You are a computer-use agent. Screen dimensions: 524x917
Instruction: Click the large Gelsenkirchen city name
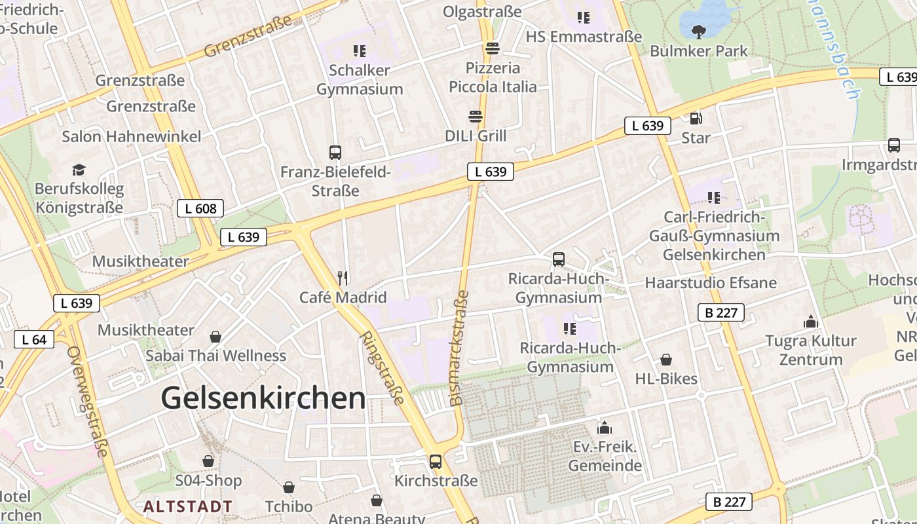(263, 398)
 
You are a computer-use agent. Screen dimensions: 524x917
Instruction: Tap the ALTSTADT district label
(188, 506)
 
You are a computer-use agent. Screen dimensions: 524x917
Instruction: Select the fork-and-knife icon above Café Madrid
(342, 278)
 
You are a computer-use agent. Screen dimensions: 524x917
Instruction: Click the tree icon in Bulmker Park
(699, 31)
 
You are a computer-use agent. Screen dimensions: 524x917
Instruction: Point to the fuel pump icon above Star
(696, 119)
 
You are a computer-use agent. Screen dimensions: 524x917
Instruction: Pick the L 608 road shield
(200, 209)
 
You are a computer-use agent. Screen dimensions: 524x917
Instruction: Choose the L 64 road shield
(34, 339)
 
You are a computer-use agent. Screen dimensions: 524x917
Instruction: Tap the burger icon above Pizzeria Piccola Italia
(492, 48)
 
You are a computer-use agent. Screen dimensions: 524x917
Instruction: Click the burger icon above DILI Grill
(476, 117)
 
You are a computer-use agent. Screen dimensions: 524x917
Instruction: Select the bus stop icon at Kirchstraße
(436, 462)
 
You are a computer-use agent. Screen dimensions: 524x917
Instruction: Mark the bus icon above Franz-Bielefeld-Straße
(335, 153)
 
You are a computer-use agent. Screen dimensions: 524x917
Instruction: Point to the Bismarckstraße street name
(459, 347)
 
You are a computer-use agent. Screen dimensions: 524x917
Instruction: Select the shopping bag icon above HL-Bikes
(666, 360)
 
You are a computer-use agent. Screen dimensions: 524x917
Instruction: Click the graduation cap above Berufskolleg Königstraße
(79, 170)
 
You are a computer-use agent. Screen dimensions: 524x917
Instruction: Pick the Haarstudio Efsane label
(711, 283)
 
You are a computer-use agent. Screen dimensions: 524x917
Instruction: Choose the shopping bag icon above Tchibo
(288, 487)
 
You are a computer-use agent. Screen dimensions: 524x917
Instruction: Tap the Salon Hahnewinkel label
(132, 136)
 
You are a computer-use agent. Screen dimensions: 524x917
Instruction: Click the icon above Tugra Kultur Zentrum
(811, 322)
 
